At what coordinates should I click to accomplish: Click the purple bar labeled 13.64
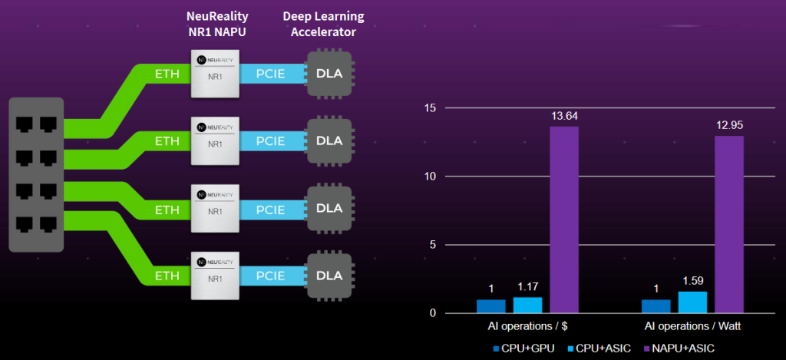point(564,220)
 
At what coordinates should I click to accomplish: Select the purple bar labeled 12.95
point(729,224)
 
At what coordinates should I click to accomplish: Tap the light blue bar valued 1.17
point(527,305)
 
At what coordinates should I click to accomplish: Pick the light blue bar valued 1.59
point(692,302)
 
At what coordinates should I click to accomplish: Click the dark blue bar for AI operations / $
point(491,306)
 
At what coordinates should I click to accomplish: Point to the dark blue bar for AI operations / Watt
point(656,306)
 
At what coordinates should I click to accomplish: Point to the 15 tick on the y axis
point(430,108)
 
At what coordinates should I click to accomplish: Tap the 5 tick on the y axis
point(433,245)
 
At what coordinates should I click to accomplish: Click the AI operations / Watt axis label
point(692,326)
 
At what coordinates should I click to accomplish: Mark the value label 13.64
point(563,116)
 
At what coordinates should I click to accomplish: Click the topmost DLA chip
point(329,74)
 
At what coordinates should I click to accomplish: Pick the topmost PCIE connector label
point(271,74)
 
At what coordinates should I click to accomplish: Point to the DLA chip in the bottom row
point(329,275)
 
